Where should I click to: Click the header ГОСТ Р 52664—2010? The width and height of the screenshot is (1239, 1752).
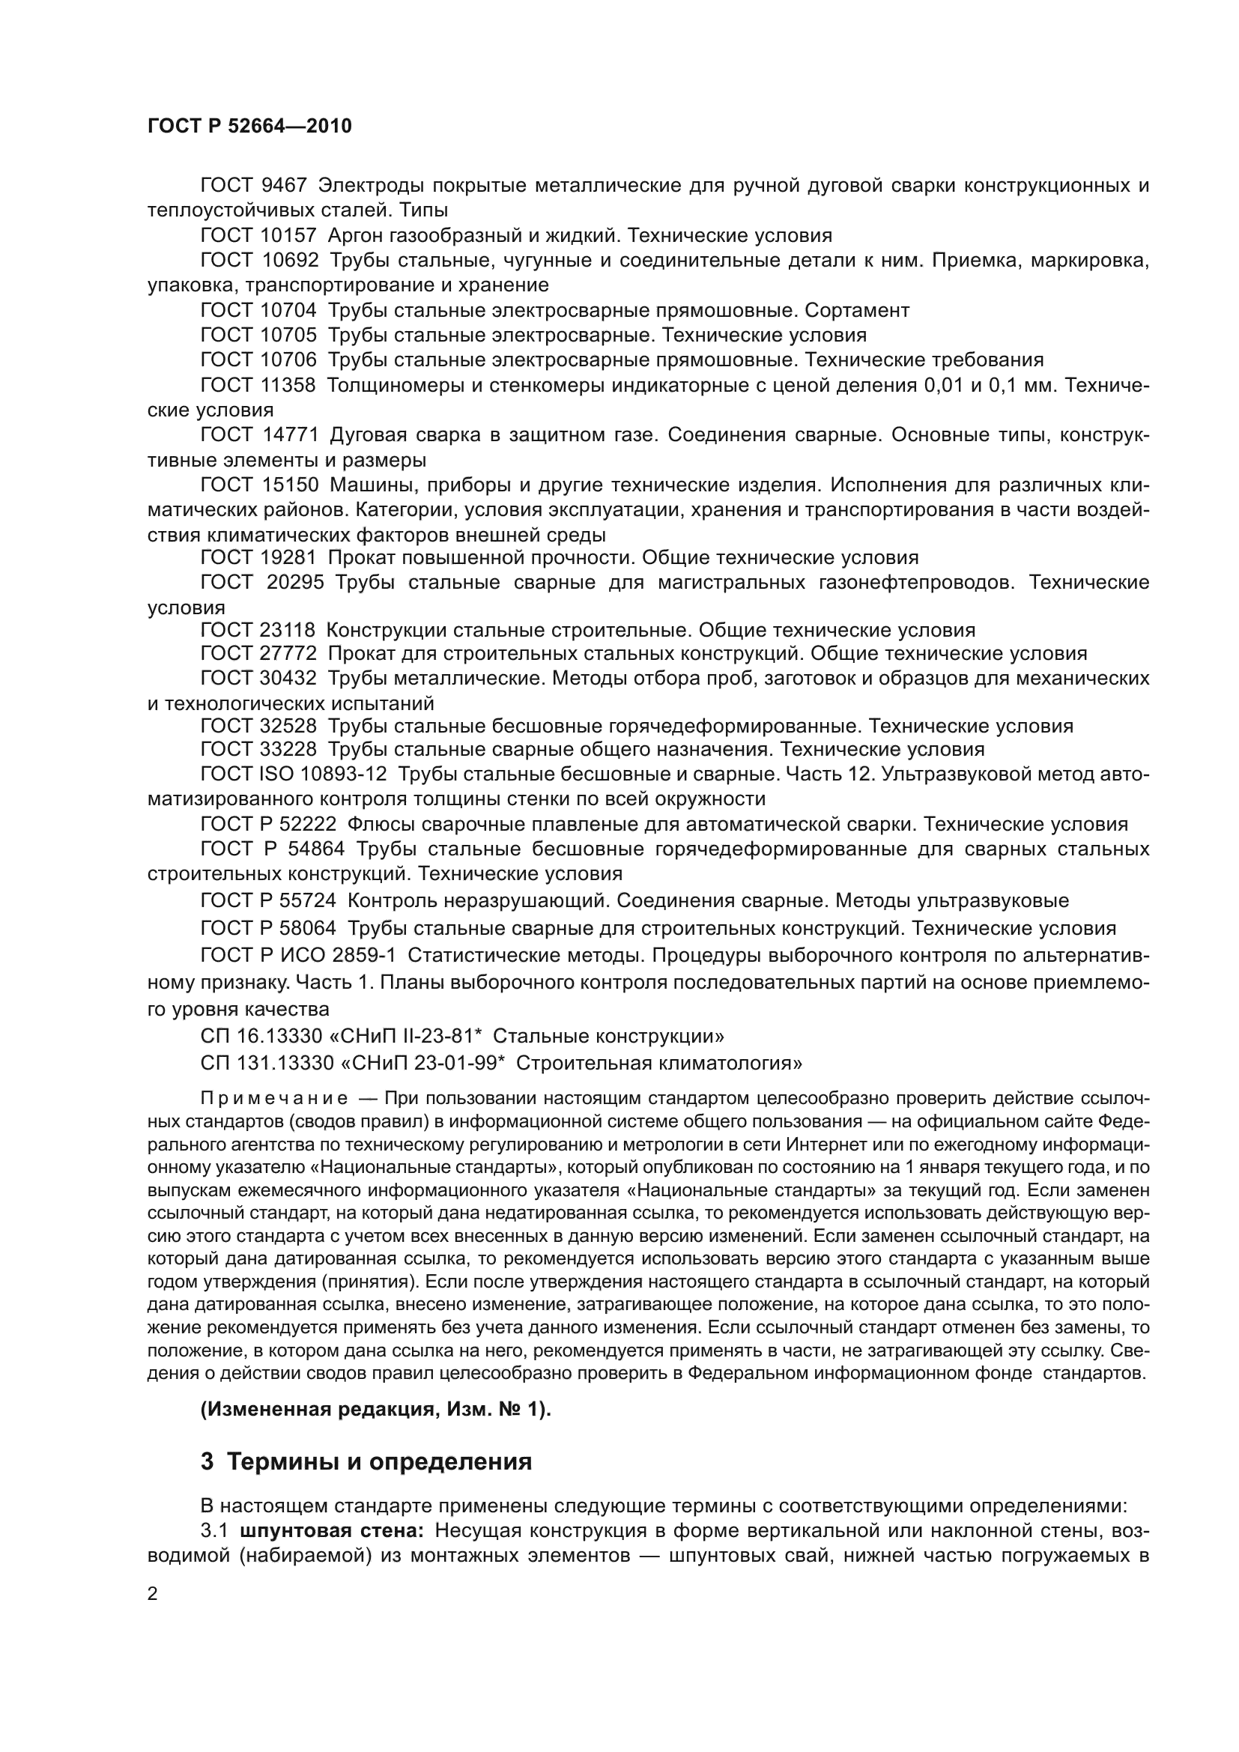tap(249, 127)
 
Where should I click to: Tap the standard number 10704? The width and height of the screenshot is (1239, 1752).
tap(290, 311)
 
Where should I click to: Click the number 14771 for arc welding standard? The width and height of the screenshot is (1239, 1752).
tap(290, 435)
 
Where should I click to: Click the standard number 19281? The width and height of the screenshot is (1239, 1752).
tap(290, 557)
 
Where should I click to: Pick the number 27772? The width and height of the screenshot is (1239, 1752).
tap(290, 653)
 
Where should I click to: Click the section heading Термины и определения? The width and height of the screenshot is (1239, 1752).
tap(379, 1462)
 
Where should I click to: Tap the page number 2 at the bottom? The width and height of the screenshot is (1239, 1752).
tap(153, 1594)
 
